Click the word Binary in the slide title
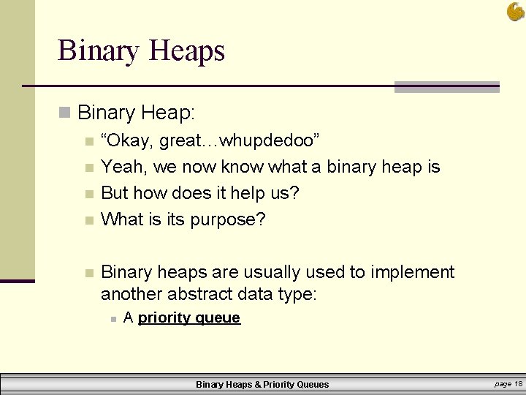point(98,51)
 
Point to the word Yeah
point(123,167)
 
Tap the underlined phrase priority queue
point(189,317)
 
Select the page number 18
point(518,383)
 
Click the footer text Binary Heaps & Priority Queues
point(262,384)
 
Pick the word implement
point(412,272)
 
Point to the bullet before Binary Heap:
point(65,113)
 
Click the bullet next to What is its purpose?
point(89,219)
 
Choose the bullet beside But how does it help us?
point(89,194)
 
